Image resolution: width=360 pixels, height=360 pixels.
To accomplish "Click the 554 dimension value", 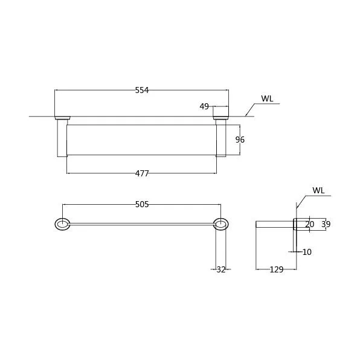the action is (142, 90).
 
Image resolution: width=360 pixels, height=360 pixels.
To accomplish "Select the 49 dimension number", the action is (204, 106).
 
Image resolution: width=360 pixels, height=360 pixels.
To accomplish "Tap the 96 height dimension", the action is (240, 140).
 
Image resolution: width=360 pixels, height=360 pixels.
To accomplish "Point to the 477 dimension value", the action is (142, 173).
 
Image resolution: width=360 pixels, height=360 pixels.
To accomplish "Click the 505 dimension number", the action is (142, 204).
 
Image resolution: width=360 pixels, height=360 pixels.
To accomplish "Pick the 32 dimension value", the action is (221, 269).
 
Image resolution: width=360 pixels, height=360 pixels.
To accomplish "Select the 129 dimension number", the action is (277, 269).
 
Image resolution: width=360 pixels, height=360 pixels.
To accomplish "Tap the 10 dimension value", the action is (307, 252).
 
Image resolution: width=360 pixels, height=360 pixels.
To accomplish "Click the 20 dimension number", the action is (309, 224).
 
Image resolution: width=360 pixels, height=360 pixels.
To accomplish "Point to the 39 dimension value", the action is (326, 224).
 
